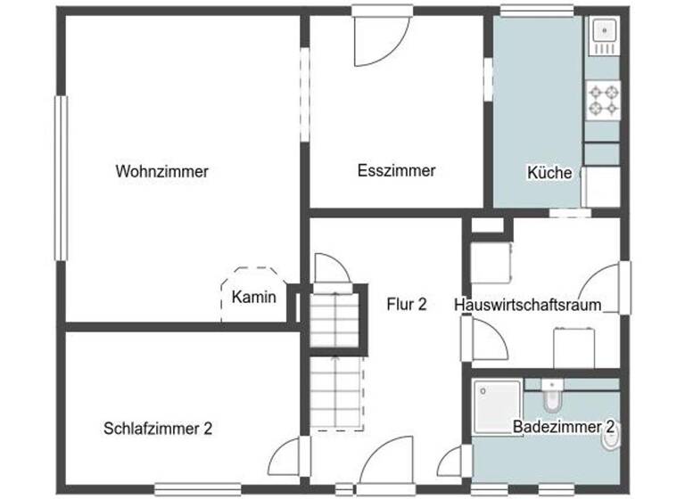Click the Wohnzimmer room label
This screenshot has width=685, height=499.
click(161, 172)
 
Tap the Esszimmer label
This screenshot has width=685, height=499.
click(396, 170)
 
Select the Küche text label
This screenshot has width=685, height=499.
click(549, 174)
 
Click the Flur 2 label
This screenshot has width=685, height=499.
click(406, 304)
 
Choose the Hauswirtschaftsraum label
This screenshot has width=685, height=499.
click(527, 305)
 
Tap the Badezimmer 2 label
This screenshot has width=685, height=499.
click(565, 427)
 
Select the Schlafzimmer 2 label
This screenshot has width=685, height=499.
click(157, 429)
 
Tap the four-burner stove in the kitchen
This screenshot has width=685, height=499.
click(602, 100)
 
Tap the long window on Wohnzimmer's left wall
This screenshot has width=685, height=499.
click(62, 178)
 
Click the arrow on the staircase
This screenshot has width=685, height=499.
click(335, 374)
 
